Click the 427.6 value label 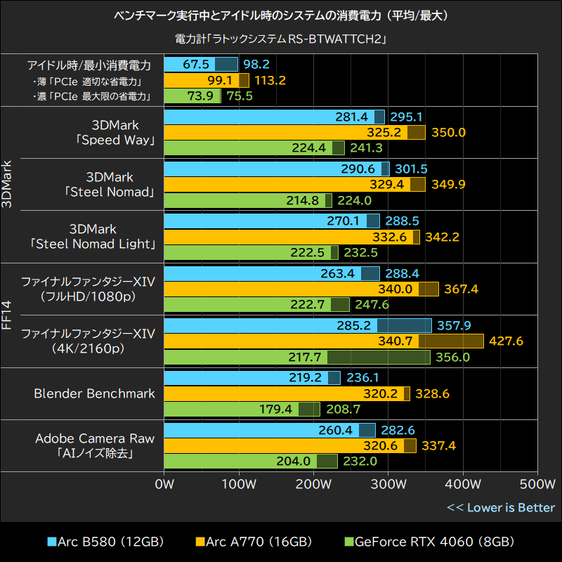tap(506, 341)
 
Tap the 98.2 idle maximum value tap(256, 65)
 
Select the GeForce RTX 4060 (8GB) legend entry tap(429, 542)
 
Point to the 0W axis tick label tap(164, 484)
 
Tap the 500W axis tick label tap(537, 484)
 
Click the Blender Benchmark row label tap(94, 393)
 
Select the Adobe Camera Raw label tap(95, 438)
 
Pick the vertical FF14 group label tap(7, 315)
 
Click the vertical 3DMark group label tap(7, 184)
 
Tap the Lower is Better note tap(500, 507)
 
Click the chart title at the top tap(281, 15)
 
